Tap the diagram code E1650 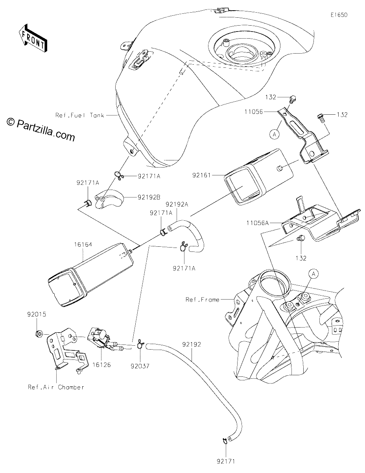click(339, 15)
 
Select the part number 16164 click(83, 244)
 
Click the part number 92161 click(201, 175)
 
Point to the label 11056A click(258, 223)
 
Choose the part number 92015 click(37, 314)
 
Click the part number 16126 click(101, 365)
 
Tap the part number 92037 click(140, 366)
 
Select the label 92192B click(149, 197)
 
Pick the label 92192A click(177, 205)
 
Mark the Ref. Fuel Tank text click(80, 115)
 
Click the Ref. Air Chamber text click(56, 387)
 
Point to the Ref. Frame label click(203, 300)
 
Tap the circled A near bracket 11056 click(275, 134)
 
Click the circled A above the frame click(313, 274)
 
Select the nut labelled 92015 click(39, 333)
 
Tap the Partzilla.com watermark click(41, 130)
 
